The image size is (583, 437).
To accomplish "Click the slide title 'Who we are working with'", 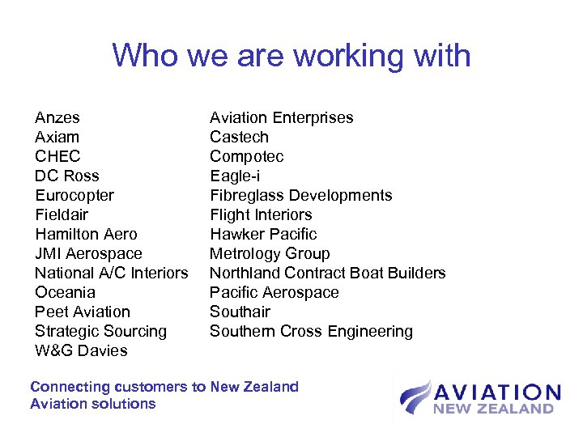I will coord(291,56).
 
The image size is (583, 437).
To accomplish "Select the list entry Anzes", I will coord(57,118).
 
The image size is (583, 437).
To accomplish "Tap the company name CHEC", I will coord(57,157).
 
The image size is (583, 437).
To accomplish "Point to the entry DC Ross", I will coord(67,176).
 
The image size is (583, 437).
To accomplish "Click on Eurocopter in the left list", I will coord(74,196).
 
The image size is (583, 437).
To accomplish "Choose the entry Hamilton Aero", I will coord(86,235).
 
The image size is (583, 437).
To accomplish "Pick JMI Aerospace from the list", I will coord(88,254).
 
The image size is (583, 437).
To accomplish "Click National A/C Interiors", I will coord(112,274).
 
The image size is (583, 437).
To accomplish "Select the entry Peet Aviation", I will coord(83,312).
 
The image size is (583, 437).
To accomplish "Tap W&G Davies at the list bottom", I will coord(81,351).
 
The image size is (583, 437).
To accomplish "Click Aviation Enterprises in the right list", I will coord(282,118).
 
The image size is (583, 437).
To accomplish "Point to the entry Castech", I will coord(239,138).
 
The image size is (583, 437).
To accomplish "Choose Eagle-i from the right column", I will coord(235,176).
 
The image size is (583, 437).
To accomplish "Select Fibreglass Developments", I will coord(301,196).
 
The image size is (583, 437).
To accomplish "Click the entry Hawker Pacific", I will coord(263,235).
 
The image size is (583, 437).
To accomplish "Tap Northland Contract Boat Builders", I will coord(328,274).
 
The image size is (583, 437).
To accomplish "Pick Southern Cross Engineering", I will coord(311,332).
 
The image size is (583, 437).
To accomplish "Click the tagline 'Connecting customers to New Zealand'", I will coord(164,387).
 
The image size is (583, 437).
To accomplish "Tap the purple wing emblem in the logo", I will coord(415,397).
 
